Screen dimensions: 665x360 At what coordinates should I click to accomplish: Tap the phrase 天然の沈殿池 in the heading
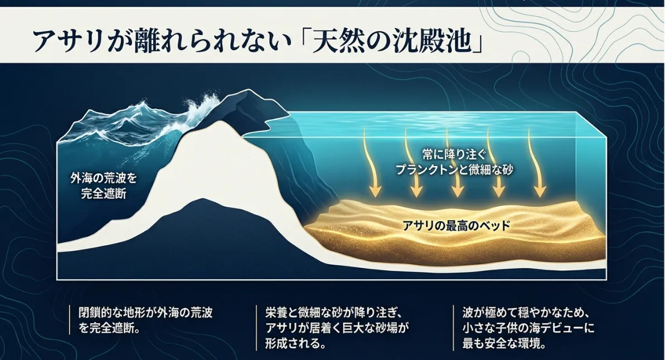click(390, 41)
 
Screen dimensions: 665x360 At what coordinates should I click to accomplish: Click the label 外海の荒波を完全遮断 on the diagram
click(104, 186)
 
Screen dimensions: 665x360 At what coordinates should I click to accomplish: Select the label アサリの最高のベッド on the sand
click(455, 225)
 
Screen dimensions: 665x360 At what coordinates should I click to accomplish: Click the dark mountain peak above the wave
click(245, 91)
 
